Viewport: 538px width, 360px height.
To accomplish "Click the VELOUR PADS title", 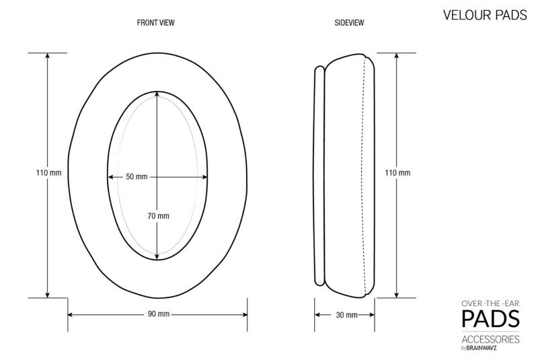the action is click(x=485, y=15).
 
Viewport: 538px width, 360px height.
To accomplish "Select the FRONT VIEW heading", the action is click(x=156, y=23).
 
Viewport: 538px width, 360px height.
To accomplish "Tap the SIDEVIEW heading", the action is click(x=349, y=23).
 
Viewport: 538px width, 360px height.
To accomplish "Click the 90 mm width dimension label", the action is click(x=159, y=314).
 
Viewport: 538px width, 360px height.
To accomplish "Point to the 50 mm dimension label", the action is click(x=137, y=177).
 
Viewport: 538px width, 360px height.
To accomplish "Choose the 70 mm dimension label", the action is click(x=158, y=216).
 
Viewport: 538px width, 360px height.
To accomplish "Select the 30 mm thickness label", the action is click(x=346, y=315).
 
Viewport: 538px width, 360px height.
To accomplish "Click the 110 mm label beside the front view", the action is click(x=48, y=172).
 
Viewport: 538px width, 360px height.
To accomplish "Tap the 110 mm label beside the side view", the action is click(x=397, y=172).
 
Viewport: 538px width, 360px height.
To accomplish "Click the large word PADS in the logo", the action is click(x=490, y=318).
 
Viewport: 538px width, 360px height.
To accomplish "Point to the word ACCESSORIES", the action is click(x=490, y=339).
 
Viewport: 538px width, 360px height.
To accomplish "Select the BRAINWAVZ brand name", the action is click(x=482, y=348).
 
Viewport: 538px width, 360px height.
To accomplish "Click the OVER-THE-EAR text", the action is click(x=490, y=303).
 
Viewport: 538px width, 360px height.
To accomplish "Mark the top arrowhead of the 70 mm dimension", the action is click(x=157, y=94).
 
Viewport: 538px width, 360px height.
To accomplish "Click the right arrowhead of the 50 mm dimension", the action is click(x=205, y=177).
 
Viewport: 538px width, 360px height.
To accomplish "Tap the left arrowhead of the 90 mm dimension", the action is click(x=71, y=314).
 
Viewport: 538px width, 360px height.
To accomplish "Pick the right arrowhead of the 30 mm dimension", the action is click(x=372, y=315).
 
